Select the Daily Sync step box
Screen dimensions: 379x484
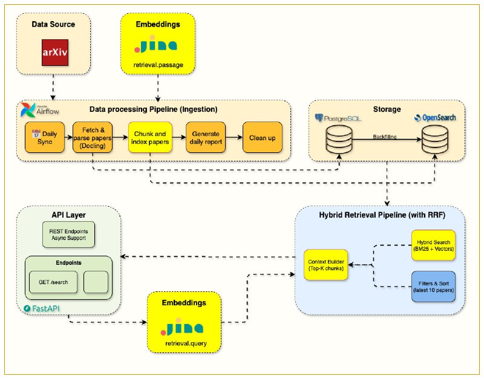coord(44,138)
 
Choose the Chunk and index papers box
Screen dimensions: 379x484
coord(149,138)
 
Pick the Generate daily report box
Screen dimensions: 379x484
coord(206,138)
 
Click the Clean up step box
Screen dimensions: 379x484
coord(262,138)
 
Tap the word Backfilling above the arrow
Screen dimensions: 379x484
coord(388,138)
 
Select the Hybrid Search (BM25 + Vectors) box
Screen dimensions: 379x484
coord(433,245)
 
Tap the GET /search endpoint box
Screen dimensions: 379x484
coord(53,281)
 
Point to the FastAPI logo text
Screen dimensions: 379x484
coord(44,309)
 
